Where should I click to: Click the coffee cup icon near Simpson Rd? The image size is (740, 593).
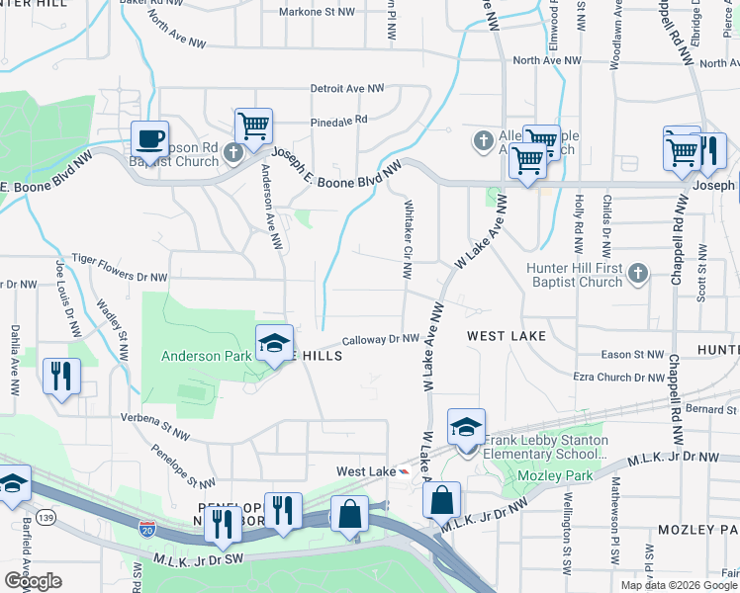(x=149, y=138)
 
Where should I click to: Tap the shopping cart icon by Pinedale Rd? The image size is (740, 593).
(x=254, y=127)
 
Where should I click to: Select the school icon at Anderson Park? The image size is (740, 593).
(x=274, y=343)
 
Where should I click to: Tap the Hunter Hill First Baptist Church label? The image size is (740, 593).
(x=562, y=275)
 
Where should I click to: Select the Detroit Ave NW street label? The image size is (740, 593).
(x=346, y=89)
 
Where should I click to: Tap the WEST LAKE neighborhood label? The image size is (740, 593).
(x=507, y=337)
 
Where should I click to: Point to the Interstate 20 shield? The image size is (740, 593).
(x=147, y=530)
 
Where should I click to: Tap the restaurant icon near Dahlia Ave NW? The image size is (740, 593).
(x=62, y=376)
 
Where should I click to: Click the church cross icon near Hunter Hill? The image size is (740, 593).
(x=638, y=272)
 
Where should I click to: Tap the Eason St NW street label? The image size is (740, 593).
(x=633, y=354)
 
